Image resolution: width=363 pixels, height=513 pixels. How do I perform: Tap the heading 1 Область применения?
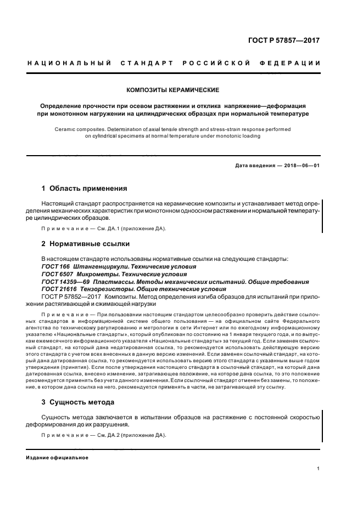pos(84,188)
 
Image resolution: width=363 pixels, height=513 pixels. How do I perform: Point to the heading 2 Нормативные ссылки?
pos(86,243)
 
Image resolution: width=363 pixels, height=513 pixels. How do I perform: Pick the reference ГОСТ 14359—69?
pos(62,282)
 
